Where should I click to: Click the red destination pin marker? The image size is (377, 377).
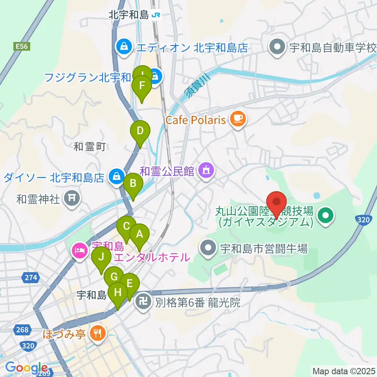click(277, 202)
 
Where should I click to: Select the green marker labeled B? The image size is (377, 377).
click(133, 183)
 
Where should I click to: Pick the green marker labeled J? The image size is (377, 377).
click(101, 258)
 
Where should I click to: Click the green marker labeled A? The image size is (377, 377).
click(139, 234)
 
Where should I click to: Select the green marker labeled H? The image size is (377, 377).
click(117, 293)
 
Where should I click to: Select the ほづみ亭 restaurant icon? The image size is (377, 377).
click(96, 334)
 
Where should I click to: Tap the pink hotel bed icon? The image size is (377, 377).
click(80, 251)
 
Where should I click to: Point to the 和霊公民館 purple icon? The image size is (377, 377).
click(206, 171)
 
